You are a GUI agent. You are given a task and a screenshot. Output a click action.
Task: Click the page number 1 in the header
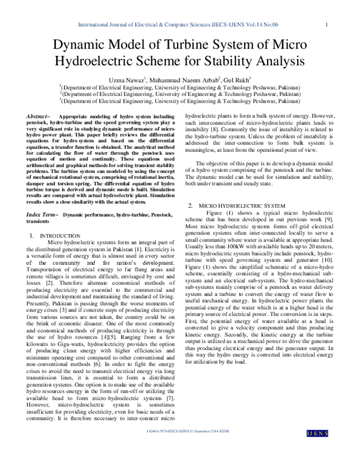click(x=325, y=25)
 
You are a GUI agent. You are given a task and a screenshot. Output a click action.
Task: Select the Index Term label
click(x=44, y=214)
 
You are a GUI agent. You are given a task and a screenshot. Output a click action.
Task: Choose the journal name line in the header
click(x=180, y=25)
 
